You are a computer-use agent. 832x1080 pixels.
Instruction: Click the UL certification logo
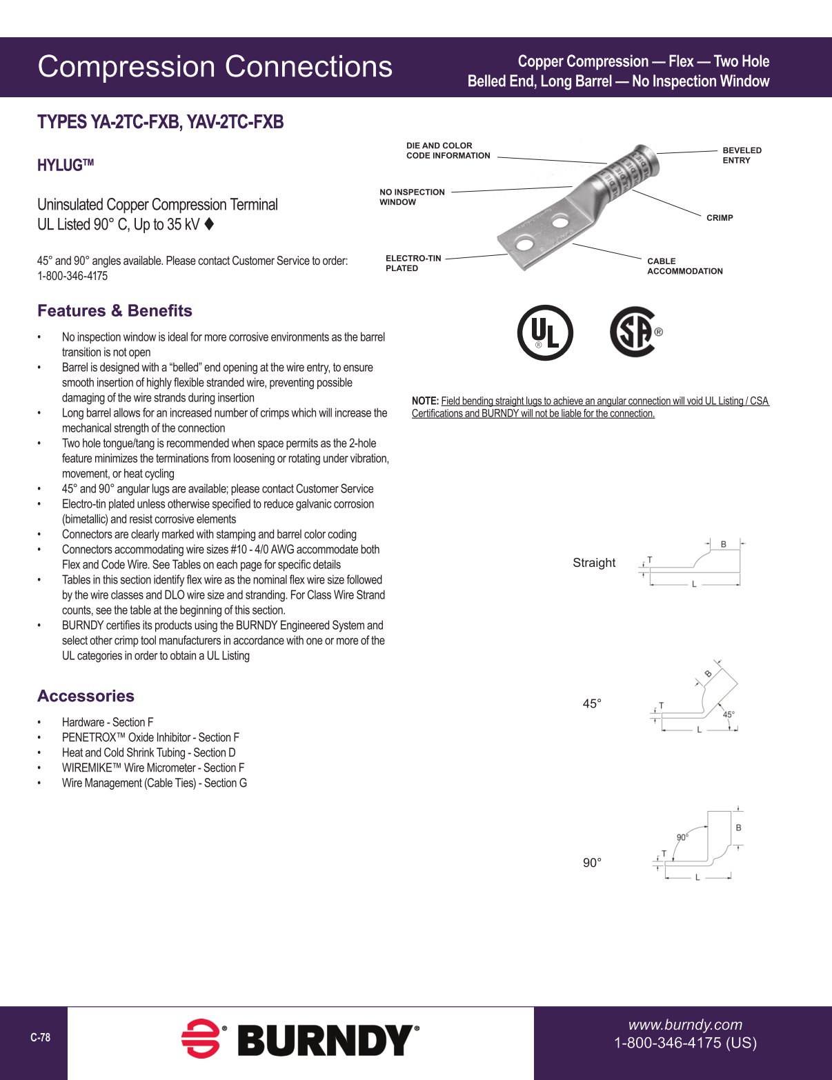pyautogui.click(x=545, y=332)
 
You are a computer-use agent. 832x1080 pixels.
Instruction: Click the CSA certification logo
pyautogui.click(x=634, y=332)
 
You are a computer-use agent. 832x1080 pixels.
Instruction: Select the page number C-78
pyautogui.click(x=40, y=1037)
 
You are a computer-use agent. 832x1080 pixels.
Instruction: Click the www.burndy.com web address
pyautogui.click(x=685, y=1024)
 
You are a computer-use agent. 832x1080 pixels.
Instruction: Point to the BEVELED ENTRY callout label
pyautogui.click(x=742, y=155)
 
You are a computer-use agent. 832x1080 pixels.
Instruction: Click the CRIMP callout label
pyautogui.click(x=720, y=218)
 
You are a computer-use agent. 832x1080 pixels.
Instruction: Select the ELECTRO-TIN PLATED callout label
pyautogui.click(x=413, y=263)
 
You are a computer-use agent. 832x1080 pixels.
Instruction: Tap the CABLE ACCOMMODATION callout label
pyautogui.click(x=684, y=266)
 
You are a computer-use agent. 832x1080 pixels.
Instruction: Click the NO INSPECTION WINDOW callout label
pyautogui.click(x=412, y=197)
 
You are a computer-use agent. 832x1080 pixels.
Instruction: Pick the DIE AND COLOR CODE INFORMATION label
pyautogui.click(x=448, y=151)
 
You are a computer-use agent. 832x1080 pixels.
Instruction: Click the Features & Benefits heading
pyautogui.click(x=115, y=310)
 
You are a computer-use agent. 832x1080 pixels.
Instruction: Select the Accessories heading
pyautogui.click(x=86, y=696)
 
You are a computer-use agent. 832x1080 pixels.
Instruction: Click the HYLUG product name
pyautogui.click(x=65, y=166)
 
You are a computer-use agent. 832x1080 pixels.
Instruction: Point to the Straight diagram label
pyautogui.click(x=593, y=563)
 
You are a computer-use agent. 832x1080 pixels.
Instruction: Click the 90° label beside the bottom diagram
pyautogui.click(x=592, y=863)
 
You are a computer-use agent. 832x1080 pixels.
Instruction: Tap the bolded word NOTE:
pyautogui.click(x=425, y=401)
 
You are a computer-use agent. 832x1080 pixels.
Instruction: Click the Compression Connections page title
pyautogui.click(x=215, y=67)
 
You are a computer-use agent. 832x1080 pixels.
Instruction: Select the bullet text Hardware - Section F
pyautogui.click(x=108, y=722)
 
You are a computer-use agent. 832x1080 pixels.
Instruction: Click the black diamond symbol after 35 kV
pyautogui.click(x=210, y=224)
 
